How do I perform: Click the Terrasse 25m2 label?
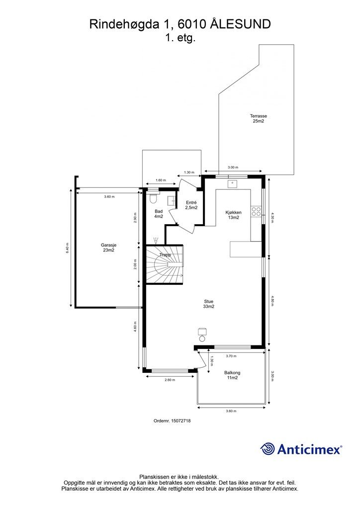pyautogui.click(x=258, y=118)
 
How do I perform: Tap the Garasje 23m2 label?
pyautogui.click(x=108, y=248)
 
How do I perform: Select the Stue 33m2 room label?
pyautogui.click(x=209, y=304)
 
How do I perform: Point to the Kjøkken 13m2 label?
pyautogui.click(x=233, y=215)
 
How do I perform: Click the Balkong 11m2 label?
pyautogui.click(x=232, y=375)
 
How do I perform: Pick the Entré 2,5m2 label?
pyautogui.click(x=191, y=205)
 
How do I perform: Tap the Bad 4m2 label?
pyautogui.click(x=159, y=214)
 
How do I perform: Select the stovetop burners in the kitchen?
pyautogui.click(x=256, y=211)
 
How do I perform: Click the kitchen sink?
pyautogui.click(x=232, y=184)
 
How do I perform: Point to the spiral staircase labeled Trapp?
pyautogui.click(x=165, y=264)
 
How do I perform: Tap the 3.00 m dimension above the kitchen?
pyautogui.click(x=233, y=168)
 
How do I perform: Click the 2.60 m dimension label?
pyautogui.click(x=170, y=380)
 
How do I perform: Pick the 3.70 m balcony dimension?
pyautogui.click(x=231, y=356)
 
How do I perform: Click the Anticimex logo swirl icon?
pyautogui.click(x=267, y=449)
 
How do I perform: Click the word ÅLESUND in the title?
pyautogui.click(x=241, y=24)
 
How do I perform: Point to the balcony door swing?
pyautogui.click(x=202, y=359)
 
